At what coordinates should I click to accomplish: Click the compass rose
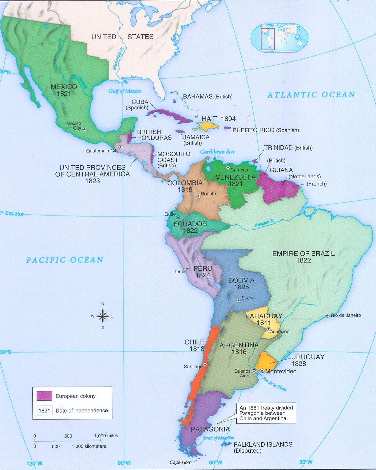pyautogui.click(x=103, y=316)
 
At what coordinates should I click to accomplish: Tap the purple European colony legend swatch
pyautogui.click(x=44, y=396)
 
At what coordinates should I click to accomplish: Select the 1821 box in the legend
pyautogui.click(x=44, y=410)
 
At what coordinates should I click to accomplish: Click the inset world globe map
pyautogui.click(x=279, y=39)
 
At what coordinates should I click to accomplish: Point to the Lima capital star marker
pyautogui.click(x=187, y=269)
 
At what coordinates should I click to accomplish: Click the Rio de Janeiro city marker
pyautogui.click(x=327, y=316)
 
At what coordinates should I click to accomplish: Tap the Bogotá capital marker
pyautogui.click(x=198, y=196)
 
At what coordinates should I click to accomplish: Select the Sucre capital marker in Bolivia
pyautogui.click(x=238, y=300)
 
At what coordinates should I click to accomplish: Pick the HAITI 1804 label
pyautogui.click(x=219, y=119)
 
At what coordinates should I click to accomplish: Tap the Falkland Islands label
pyautogui.click(x=263, y=447)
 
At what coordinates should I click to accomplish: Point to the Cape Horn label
pyautogui.click(x=181, y=462)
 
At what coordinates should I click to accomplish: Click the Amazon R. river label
pyautogui.click(x=264, y=223)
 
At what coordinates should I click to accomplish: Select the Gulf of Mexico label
pyautogui.click(x=124, y=91)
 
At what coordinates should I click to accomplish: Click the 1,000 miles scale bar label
pyautogui.click(x=106, y=436)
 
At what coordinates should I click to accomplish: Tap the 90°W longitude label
pyautogui.click(x=124, y=463)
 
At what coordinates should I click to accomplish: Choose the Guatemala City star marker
pyautogui.click(x=120, y=147)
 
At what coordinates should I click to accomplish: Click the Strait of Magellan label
pyautogui.click(x=218, y=438)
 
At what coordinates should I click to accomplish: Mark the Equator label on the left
pyautogui.click(x=13, y=213)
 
